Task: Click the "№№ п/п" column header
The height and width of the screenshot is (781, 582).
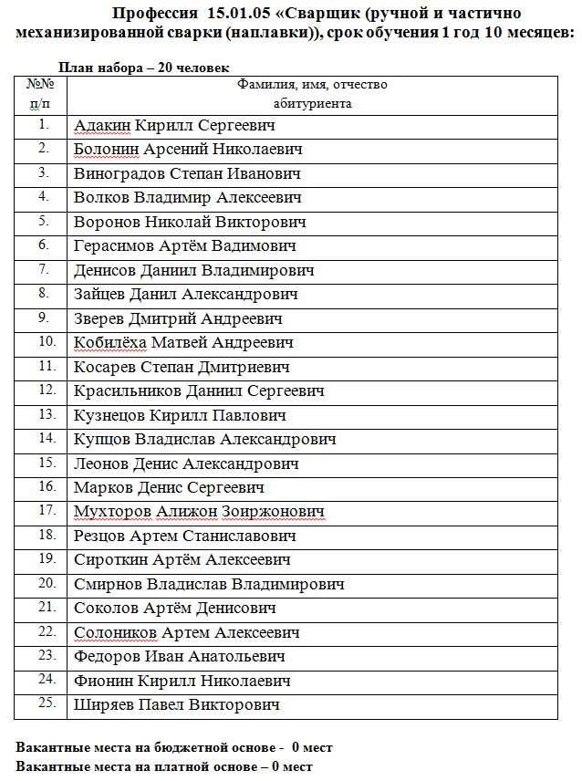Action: (43, 94)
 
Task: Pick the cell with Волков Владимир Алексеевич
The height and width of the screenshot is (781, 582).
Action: (187, 198)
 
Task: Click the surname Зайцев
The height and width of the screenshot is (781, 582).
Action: (98, 295)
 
